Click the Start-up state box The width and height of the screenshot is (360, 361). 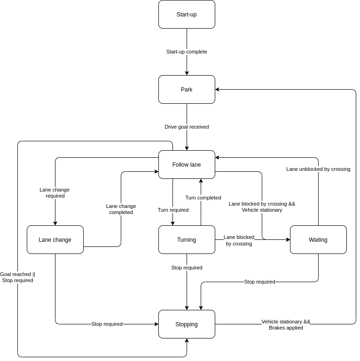pyautogui.click(x=187, y=14)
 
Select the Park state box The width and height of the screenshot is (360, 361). pyautogui.click(x=187, y=89)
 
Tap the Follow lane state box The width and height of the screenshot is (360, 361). pyautogui.click(x=187, y=164)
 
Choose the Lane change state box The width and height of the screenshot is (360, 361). pyautogui.click(x=55, y=240)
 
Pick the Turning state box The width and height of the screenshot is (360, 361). pyautogui.click(x=187, y=240)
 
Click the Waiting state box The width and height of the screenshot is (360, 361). pyautogui.click(x=318, y=240)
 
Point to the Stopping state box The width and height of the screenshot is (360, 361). pyautogui.click(x=187, y=324)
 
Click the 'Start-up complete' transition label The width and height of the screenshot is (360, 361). pyautogui.click(x=187, y=52)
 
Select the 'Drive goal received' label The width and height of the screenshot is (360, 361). pyautogui.click(x=187, y=127)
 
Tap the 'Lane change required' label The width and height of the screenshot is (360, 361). pyautogui.click(x=55, y=192)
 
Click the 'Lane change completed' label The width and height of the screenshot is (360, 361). pyautogui.click(x=121, y=209)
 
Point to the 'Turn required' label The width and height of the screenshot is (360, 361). pyautogui.click(x=173, y=210)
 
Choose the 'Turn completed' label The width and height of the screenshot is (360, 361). pyautogui.click(x=203, y=198)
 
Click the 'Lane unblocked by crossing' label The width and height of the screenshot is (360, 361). pyautogui.click(x=318, y=169)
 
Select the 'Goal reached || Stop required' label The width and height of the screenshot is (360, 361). pyautogui.click(x=17, y=277)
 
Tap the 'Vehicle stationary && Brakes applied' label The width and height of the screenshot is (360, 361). pyautogui.click(x=286, y=325)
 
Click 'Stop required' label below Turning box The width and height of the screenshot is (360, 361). pyautogui.click(x=187, y=268)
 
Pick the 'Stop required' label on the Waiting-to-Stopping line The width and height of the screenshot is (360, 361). pyautogui.click(x=259, y=282)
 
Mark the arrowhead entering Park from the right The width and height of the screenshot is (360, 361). pyautogui.click(x=217, y=89)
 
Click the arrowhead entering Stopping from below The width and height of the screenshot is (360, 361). pyautogui.click(x=187, y=340)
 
